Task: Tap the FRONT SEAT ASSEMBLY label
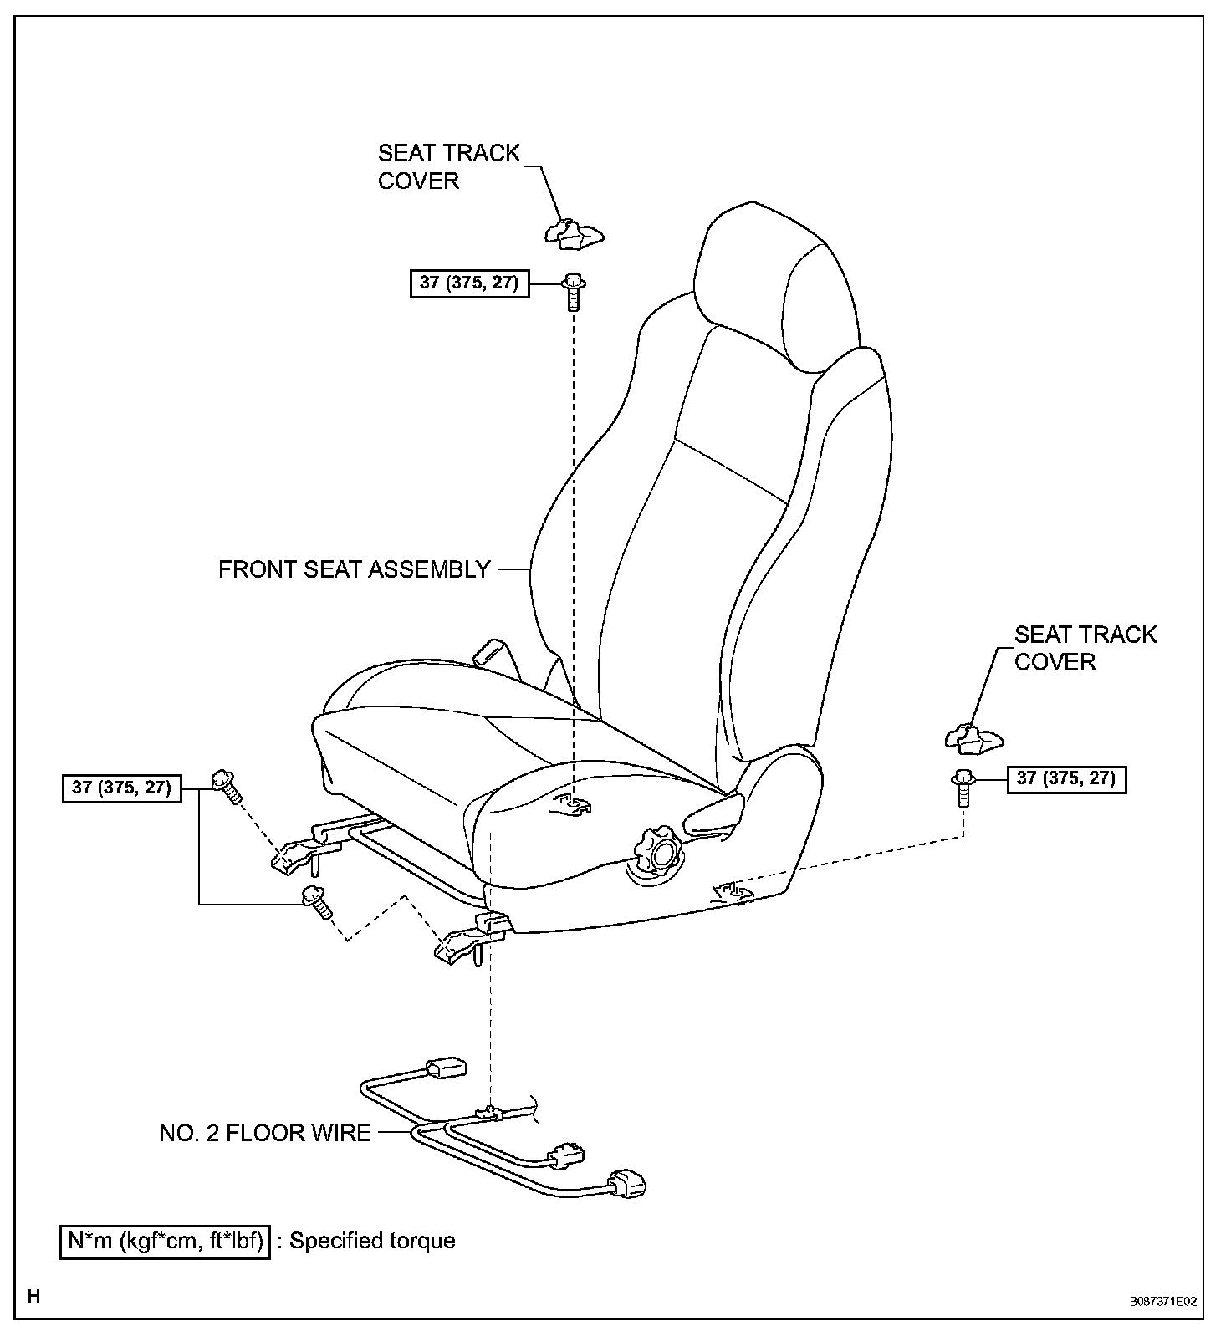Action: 354,569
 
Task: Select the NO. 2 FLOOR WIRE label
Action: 265,1133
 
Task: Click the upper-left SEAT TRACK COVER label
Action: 448,166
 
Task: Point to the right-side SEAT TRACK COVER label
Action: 1085,648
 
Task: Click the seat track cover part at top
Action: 575,233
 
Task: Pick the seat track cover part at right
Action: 974,736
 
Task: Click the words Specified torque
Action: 372,1240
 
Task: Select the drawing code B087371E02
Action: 1162,1302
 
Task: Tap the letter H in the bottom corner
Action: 34,1298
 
